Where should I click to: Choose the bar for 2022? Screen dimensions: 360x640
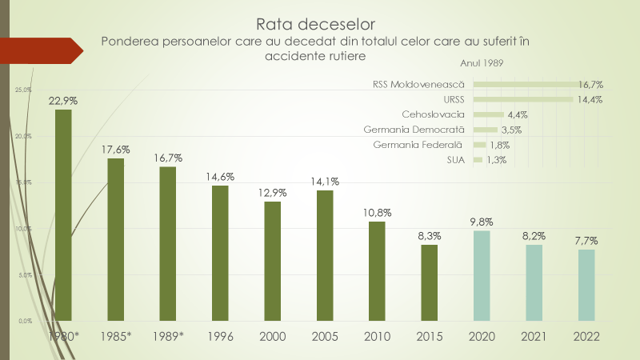pyautogui.click(x=586, y=284)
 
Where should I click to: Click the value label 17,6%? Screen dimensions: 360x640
pyautogui.click(x=116, y=150)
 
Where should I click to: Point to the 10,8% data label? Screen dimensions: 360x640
pyautogui.click(x=377, y=213)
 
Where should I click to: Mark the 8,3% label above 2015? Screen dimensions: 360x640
pyautogui.click(x=429, y=236)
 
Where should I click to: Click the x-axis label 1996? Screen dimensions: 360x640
pyautogui.click(x=220, y=337)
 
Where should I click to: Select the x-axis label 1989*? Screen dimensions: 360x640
pyautogui.click(x=168, y=337)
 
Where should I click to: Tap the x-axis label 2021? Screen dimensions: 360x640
pyautogui.click(x=534, y=337)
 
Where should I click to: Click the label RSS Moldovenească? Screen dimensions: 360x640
pyautogui.click(x=418, y=84)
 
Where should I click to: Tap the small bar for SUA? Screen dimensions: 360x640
pyautogui.click(x=478, y=160)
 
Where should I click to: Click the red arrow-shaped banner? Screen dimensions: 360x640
pyautogui.click(x=40, y=50)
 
